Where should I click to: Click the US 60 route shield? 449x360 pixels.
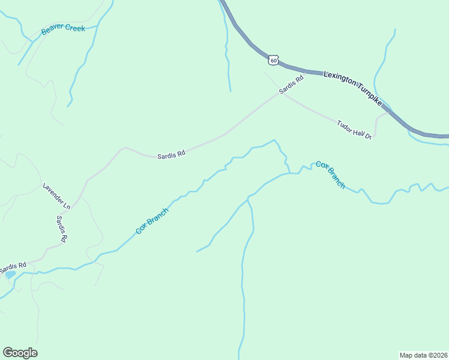[x=274, y=60]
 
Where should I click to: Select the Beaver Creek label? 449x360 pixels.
[x=63, y=29]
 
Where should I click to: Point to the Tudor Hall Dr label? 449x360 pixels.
[x=355, y=130]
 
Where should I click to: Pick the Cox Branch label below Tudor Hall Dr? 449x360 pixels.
[x=331, y=175]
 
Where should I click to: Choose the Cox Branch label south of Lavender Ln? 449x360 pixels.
[x=152, y=221]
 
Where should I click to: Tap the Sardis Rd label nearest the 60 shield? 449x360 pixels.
[x=292, y=83]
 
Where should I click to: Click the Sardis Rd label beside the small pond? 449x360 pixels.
[x=13, y=265]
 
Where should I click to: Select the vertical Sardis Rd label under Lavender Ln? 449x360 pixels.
[x=61, y=229]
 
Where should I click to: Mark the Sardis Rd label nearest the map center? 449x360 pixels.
[x=171, y=155]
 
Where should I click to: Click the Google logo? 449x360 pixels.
[x=20, y=353]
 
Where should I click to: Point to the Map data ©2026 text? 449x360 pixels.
[x=423, y=355]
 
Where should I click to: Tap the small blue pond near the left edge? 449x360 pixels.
[x=10, y=274]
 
